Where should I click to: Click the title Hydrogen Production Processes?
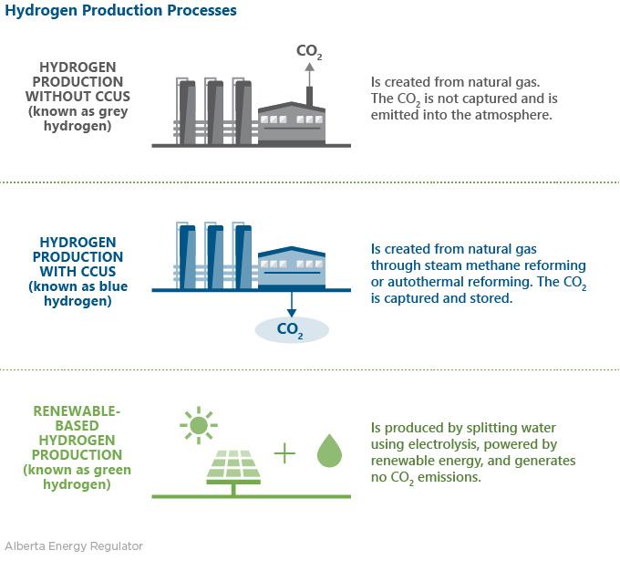coord(120,11)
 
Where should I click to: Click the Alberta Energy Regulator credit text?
coord(72,546)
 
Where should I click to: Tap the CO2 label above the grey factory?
coord(309,52)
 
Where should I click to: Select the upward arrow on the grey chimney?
coord(309,68)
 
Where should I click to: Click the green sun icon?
coord(198,424)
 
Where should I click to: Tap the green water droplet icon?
coord(328,452)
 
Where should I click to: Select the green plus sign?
coord(285,452)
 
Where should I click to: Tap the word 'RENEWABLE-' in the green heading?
coord(77,411)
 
